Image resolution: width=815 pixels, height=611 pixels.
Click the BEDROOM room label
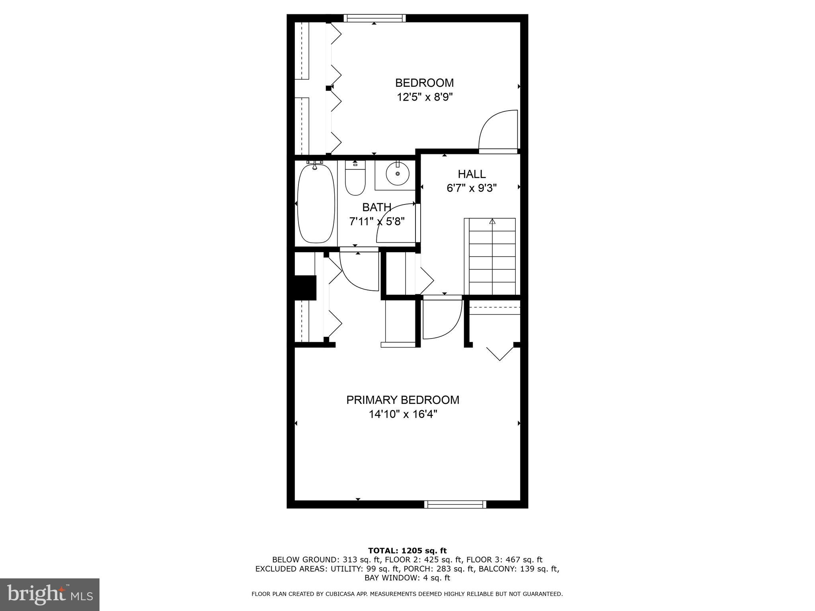(424, 83)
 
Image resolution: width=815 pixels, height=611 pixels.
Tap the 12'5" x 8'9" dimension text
(425, 97)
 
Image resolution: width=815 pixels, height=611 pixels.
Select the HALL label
(472, 174)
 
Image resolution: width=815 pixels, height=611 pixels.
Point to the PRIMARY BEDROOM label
(403, 400)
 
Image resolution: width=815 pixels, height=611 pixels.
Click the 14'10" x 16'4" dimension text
(403, 414)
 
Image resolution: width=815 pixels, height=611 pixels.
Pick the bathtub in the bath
(316, 203)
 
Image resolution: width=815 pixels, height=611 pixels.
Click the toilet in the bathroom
(355, 181)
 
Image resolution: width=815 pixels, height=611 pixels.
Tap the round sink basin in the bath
(397, 174)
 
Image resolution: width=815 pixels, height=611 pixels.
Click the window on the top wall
(374, 18)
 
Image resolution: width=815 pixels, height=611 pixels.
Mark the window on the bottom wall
(455, 504)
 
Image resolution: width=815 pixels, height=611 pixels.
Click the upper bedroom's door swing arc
(497, 129)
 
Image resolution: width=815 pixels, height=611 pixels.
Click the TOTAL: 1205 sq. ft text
(407, 551)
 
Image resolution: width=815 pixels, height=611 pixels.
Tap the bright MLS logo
(49, 594)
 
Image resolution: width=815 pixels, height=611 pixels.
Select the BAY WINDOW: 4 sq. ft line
(407, 578)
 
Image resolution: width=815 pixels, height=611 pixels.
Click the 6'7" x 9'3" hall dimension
(472, 188)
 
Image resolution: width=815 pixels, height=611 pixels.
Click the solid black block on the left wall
(305, 288)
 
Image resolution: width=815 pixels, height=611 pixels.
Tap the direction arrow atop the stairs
(492, 222)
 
